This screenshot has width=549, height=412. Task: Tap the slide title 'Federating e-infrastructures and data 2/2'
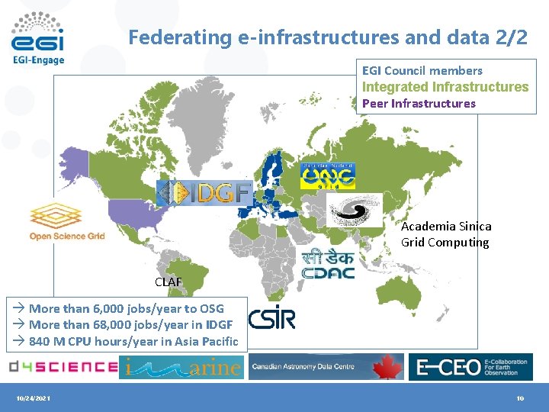[x=328, y=37]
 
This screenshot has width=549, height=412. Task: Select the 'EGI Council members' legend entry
[x=422, y=71]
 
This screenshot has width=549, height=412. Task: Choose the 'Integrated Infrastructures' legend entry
[x=445, y=87]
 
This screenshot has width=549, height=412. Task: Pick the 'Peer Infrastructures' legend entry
[x=419, y=104]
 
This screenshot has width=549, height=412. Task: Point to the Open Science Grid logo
[x=67, y=221]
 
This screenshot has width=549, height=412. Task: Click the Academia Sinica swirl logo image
[x=354, y=210]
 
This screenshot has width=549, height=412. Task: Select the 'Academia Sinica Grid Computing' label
[x=446, y=234]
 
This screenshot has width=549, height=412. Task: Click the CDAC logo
[x=328, y=264]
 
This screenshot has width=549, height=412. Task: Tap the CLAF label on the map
[x=169, y=282]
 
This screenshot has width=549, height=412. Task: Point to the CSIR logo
[x=271, y=318]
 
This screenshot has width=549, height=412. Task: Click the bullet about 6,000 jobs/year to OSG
[x=127, y=308]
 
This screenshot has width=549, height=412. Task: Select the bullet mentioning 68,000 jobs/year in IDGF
[x=131, y=325]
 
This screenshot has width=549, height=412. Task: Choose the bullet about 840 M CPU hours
[x=133, y=342]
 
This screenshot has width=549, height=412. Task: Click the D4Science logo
[x=63, y=367]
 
